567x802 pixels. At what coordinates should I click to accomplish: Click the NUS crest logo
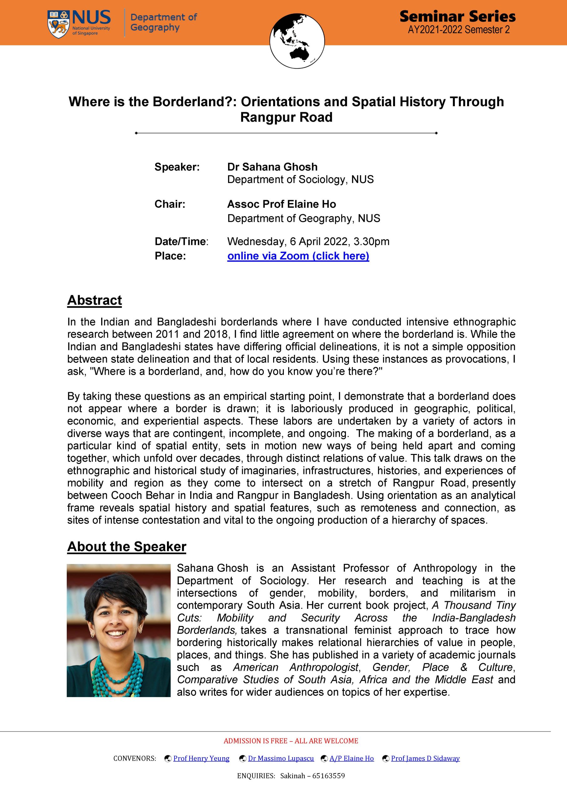pos(58,24)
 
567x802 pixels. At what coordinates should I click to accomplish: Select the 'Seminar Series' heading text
pos(457,16)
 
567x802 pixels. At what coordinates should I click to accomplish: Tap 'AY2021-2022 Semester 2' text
pos(458,30)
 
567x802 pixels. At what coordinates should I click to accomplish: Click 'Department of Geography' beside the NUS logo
pos(163,22)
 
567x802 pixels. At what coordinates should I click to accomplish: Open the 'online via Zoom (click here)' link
pos(298,256)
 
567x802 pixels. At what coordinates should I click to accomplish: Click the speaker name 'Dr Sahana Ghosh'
pos(272,167)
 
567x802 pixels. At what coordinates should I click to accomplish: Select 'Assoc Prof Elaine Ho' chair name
pos(281,204)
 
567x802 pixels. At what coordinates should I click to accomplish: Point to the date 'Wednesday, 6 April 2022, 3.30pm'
pos(308,241)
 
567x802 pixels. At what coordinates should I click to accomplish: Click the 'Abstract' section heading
pos(94,300)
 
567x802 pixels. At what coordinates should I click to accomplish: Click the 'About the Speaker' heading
pos(127,546)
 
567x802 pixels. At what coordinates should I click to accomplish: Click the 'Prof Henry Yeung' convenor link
pos(201,758)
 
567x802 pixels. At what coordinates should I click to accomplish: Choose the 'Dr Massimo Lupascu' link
pos(281,758)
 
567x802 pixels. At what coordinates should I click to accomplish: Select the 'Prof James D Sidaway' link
pos(425,758)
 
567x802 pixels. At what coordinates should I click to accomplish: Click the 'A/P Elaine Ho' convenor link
pos(351,758)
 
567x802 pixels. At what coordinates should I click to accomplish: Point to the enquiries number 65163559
pos(328,776)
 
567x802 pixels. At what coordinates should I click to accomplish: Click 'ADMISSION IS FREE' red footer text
pos(255,741)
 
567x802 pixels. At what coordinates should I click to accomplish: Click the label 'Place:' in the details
pos(170,256)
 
